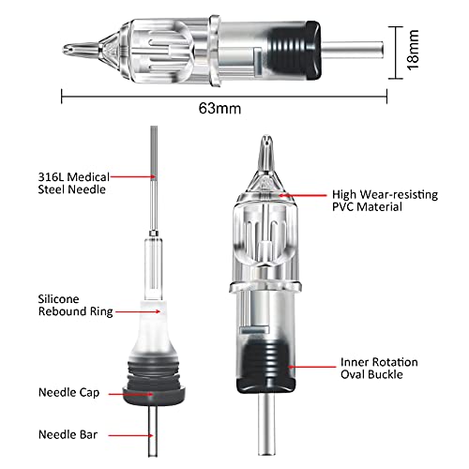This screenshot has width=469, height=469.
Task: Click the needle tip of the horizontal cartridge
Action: click(x=68, y=45)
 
